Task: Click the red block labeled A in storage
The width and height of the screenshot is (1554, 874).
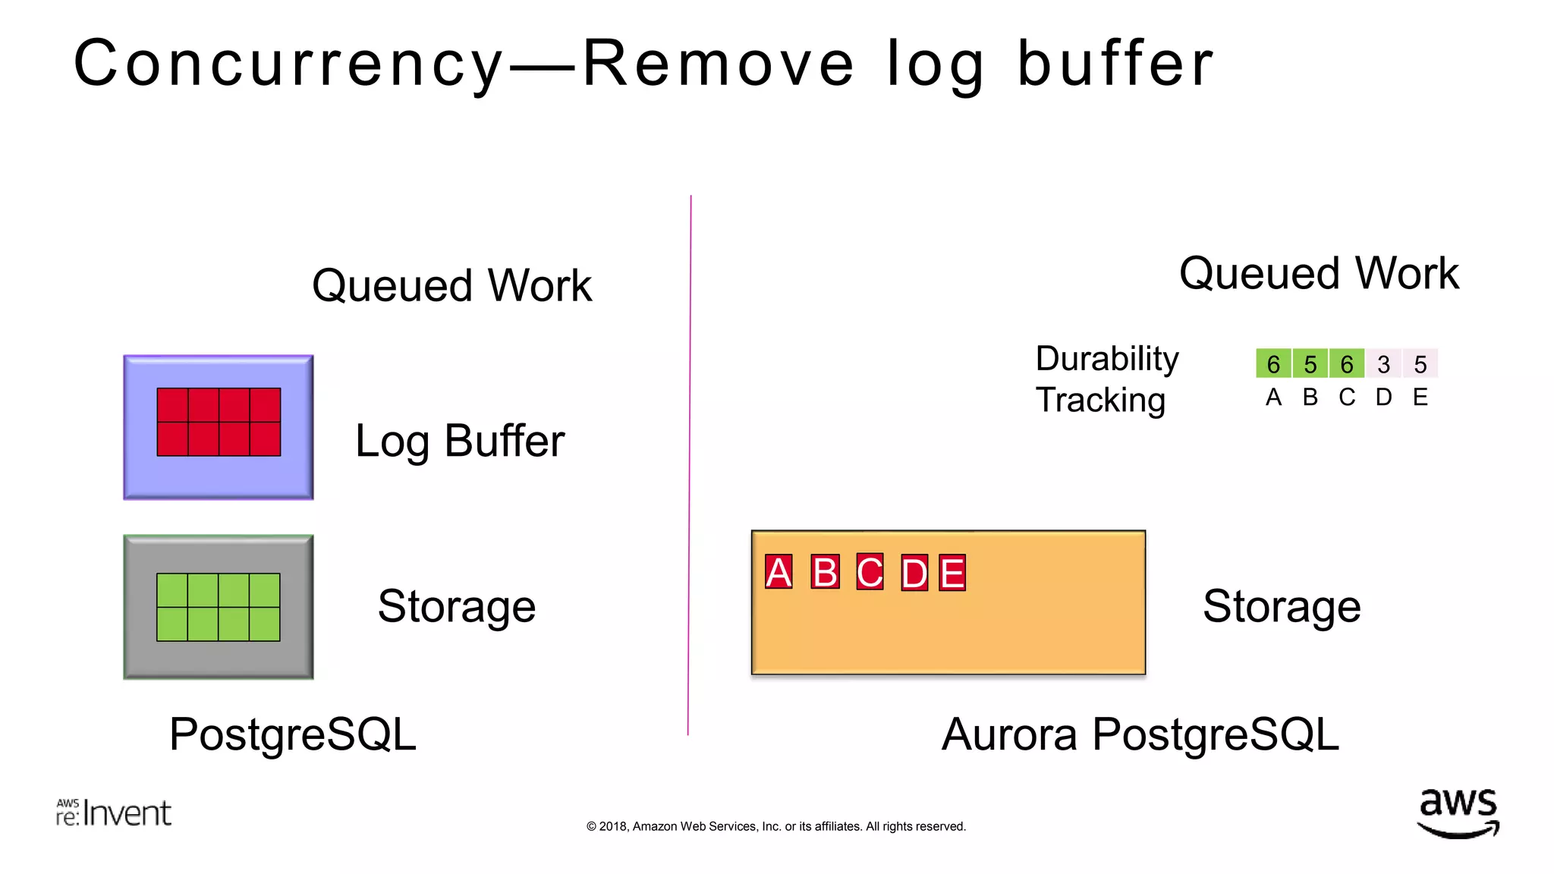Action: pyautogui.click(x=779, y=572)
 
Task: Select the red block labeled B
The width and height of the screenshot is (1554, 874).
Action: pyautogui.click(x=825, y=572)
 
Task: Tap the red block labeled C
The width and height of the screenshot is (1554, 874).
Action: pyautogui.click(x=870, y=572)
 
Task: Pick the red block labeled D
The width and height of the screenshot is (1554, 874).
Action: pyautogui.click(x=914, y=573)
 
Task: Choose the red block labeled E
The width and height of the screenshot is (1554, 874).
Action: pyautogui.click(x=952, y=573)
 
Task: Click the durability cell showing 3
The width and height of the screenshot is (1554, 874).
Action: pyautogui.click(x=1383, y=364)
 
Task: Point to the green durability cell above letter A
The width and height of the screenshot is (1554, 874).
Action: pyautogui.click(x=1273, y=364)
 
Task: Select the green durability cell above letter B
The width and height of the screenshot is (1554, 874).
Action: pyautogui.click(x=1310, y=364)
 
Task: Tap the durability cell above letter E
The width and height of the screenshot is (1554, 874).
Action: pyautogui.click(x=1420, y=364)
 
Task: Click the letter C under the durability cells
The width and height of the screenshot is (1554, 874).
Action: pyautogui.click(x=1347, y=397)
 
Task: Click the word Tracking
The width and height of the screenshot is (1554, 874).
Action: pyautogui.click(x=1100, y=401)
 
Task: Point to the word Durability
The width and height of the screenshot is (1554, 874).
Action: pyautogui.click(x=1107, y=359)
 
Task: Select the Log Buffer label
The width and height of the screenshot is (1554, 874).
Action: pyautogui.click(x=460, y=441)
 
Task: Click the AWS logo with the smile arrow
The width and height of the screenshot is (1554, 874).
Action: pyautogui.click(x=1458, y=813)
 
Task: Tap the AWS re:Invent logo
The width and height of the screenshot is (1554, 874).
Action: pyautogui.click(x=114, y=813)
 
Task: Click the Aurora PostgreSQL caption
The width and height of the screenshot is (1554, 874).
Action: pyautogui.click(x=1140, y=734)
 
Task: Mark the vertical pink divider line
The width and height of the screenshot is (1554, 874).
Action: pyautogui.click(x=690, y=464)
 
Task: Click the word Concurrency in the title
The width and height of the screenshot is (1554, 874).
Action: pyautogui.click(x=289, y=64)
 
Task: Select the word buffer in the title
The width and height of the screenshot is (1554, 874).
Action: pyautogui.click(x=1115, y=64)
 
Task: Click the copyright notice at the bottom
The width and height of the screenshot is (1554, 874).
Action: pyautogui.click(x=776, y=826)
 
